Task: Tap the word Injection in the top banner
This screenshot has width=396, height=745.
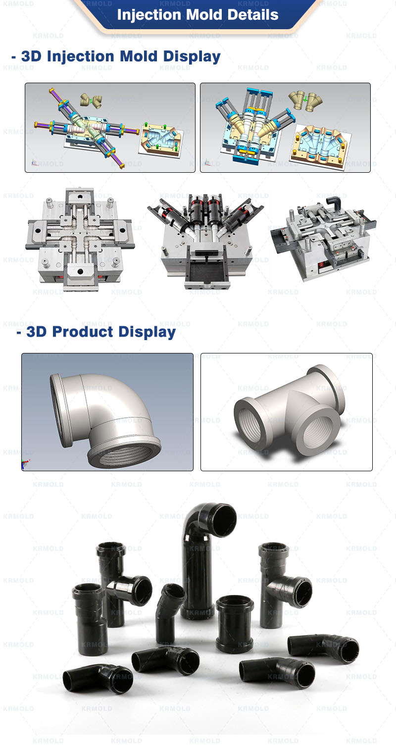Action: pyautogui.click(x=149, y=14)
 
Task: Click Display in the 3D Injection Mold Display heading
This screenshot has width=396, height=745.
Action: pyautogui.click(x=194, y=56)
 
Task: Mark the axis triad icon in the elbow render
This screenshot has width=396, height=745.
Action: pyautogui.click(x=25, y=464)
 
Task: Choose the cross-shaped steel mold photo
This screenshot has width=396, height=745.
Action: pyautogui.click(x=80, y=238)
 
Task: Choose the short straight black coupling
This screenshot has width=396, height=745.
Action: pyautogui.click(x=235, y=624)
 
